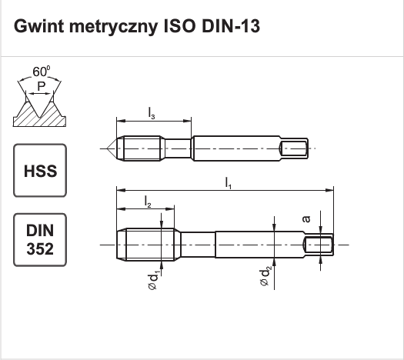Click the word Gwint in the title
pyautogui.click(x=38, y=26)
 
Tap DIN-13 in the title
pyautogui.click(x=231, y=26)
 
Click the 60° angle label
pyautogui.click(x=42, y=72)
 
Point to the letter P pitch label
pyautogui.click(x=42, y=86)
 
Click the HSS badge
pyautogui.click(x=40, y=171)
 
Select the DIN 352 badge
pyautogui.click(x=40, y=240)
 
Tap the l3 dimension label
pyautogui.click(x=152, y=114)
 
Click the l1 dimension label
pyautogui.click(x=229, y=183)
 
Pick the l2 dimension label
pyautogui.click(x=148, y=202)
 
